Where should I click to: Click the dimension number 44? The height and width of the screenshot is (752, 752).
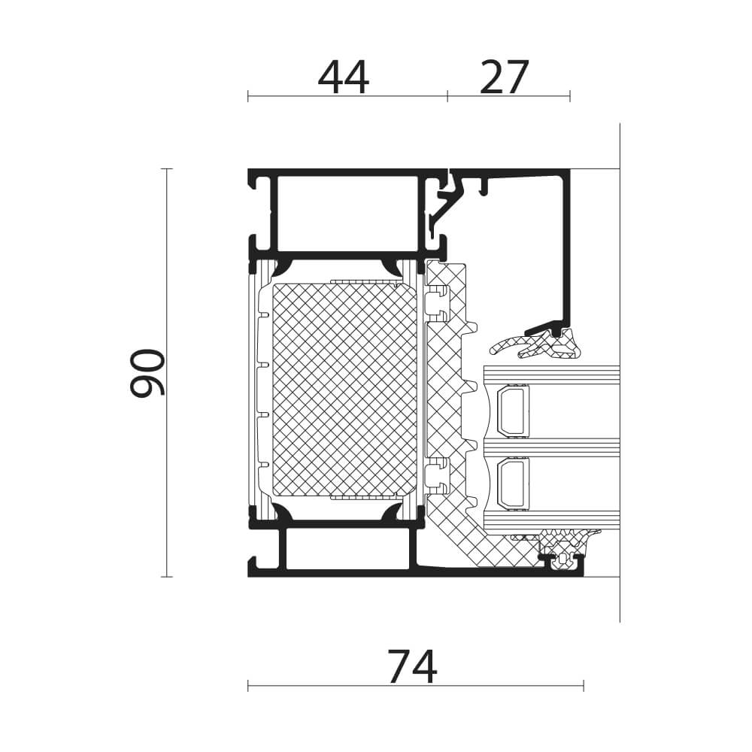coord(344,77)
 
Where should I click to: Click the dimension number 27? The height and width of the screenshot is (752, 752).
coord(504,77)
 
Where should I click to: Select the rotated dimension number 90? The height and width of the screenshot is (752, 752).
coord(147,373)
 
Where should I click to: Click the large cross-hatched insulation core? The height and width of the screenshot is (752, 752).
coord(344,390)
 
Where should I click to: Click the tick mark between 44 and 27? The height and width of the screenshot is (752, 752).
coord(447,96)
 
